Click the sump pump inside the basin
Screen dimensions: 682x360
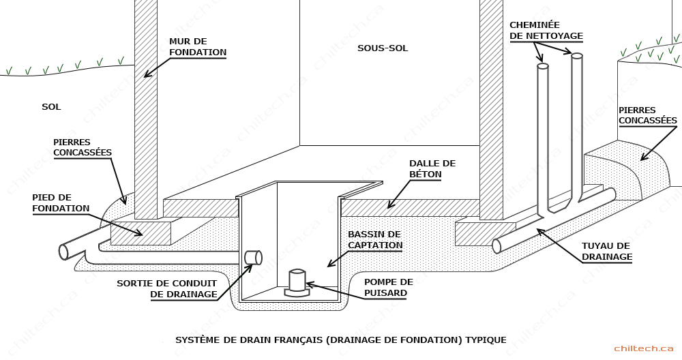pyautogui.click(x=297, y=283)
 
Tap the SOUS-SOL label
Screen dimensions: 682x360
pyautogui.click(x=383, y=48)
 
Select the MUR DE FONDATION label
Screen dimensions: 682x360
pyautogui.click(x=198, y=47)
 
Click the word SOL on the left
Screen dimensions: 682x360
pyautogui.click(x=51, y=107)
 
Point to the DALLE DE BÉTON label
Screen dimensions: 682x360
pyautogui.click(x=432, y=168)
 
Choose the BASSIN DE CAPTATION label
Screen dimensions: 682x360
pyautogui.click(x=375, y=239)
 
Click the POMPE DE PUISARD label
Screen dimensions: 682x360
pyautogui.click(x=389, y=288)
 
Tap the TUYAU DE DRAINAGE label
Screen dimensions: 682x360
pyautogui.click(x=607, y=252)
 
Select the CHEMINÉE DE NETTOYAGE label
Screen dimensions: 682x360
pyautogui.click(x=546, y=31)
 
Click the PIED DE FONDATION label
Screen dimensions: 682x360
pyautogui.click(x=61, y=203)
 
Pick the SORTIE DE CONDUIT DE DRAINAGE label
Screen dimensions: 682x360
pyautogui.click(x=167, y=288)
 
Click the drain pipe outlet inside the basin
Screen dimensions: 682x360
pyautogui.click(x=253, y=258)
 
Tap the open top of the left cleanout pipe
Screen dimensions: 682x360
pyautogui.click(x=542, y=66)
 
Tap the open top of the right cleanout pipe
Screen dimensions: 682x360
pyautogui.click(x=577, y=56)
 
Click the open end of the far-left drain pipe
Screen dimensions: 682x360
pyautogui.click(x=64, y=252)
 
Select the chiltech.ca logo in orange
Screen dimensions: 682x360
pyautogui.click(x=644, y=348)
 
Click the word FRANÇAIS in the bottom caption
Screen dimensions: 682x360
pyautogui.click(x=298, y=340)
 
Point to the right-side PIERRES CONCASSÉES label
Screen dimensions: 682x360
pyautogui.click(x=648, y=115)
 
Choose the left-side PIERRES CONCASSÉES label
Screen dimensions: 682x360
pyautogui.click(x=83, y=147)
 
